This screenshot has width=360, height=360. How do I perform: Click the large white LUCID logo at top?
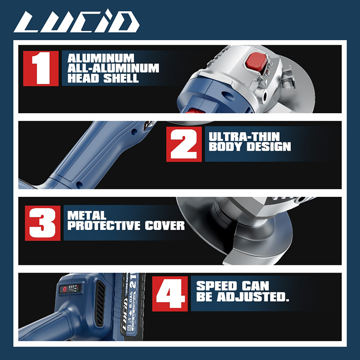(x=76, y=22)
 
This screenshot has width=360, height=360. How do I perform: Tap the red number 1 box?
(x=41, y=69)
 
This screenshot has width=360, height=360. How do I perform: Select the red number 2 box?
(x=184, y=144)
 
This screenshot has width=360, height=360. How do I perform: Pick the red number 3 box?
(x=43, y=223)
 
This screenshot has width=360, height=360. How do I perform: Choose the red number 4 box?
(x=170, y=294)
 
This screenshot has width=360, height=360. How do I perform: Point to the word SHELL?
(x=121, y=78)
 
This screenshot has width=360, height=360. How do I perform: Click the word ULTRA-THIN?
(x=244, y=136)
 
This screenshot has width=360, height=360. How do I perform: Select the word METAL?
(x=87, y=216)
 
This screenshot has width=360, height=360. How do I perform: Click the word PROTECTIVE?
(x=104, y=226)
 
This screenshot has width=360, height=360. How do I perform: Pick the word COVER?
(x=165, y=226)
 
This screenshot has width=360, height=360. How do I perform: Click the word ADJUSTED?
(x=253, y=297)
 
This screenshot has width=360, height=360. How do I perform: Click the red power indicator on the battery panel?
(x=64, y=289)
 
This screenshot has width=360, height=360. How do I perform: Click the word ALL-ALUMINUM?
(x=113, y=68)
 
